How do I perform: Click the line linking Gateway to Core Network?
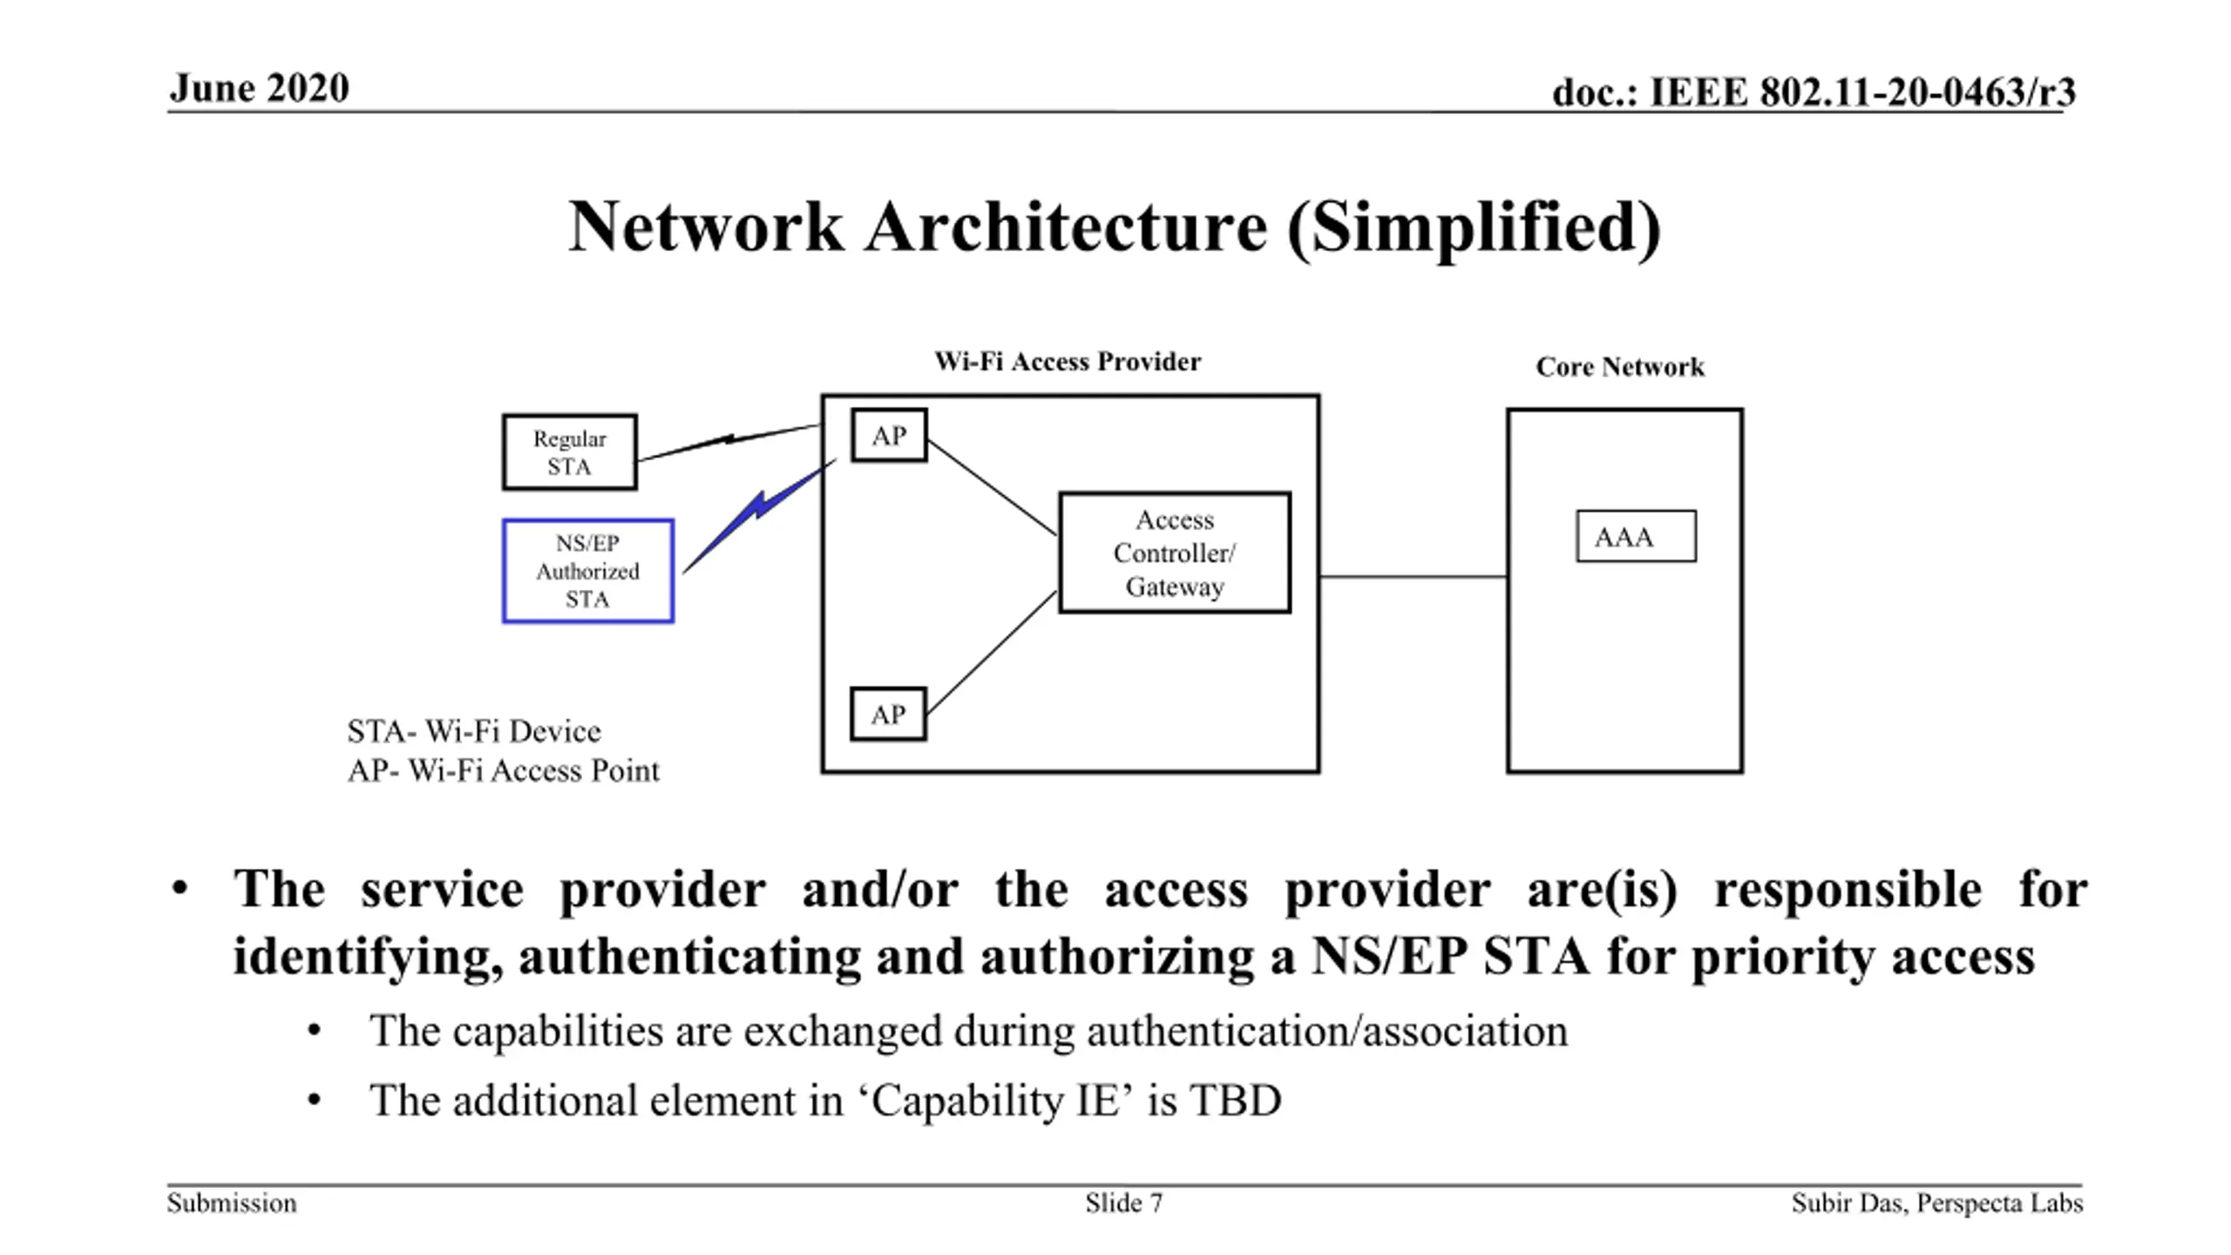(1414, 576)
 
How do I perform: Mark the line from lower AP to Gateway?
(992, 653)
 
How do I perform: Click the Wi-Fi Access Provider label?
(1068, 362)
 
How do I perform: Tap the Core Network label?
(1620, 367)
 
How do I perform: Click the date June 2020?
(260, 88)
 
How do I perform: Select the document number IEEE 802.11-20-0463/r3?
(1862, 92)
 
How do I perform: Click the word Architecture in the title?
(1066, 227)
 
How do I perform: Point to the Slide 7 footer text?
(1123, 1204)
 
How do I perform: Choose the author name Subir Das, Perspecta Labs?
(1936, 1204)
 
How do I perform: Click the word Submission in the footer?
(232, 1204)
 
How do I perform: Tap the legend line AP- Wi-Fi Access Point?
(504, 770)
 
